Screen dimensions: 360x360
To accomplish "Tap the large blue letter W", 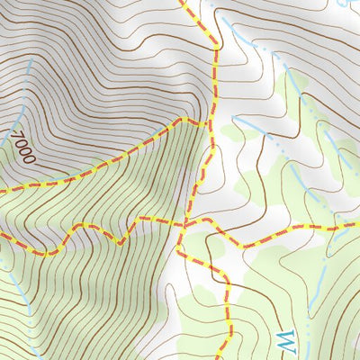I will [284, 342].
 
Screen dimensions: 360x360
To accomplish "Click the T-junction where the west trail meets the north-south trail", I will [211, 121].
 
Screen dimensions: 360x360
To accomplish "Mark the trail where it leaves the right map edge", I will [356, 224].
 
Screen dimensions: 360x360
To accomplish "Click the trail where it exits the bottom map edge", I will [229, 356].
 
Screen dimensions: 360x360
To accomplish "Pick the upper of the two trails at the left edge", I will [3, 190].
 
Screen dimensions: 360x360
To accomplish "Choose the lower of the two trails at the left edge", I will [3, 237].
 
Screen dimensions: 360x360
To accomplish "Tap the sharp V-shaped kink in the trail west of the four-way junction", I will [120, 241].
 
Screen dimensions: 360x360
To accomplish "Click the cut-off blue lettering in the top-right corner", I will [346, 4].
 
